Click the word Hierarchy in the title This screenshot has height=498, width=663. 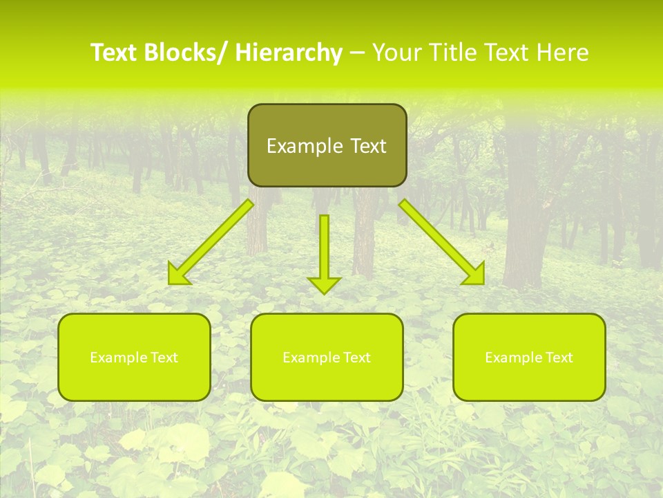pos(288,53)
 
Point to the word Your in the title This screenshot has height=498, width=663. pos(398,53)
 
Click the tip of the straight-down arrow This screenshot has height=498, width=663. pos(324,293)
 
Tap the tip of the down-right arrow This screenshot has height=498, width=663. pos(483,284)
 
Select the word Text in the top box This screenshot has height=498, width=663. pos(367,146)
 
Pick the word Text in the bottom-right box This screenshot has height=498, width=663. pos(559,358)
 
